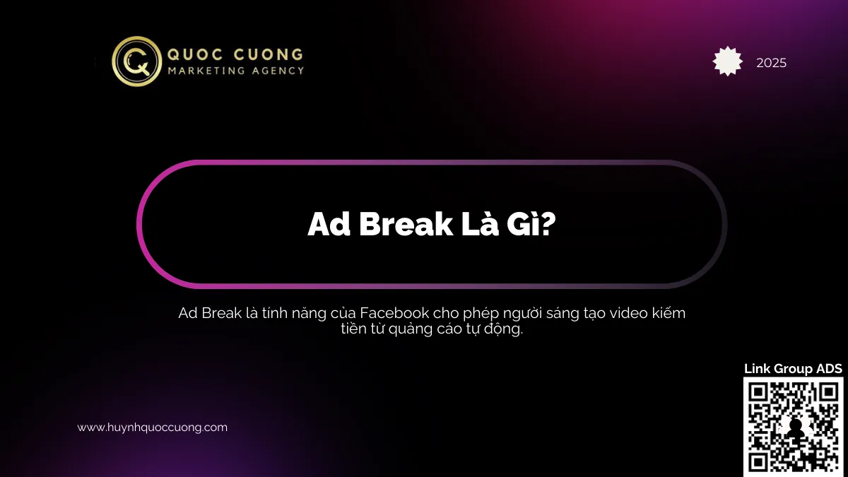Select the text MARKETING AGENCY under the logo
pyautogui.click(x=235, y=71)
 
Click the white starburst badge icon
pyautogui.click(x=728, y=61)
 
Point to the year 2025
pyautogui.click(x=771, y=63)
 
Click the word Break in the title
pyautogui.click(x=404, y=224)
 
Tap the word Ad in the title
pyautogui.click(x=329, y=224)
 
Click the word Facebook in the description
pyautogui.click(x=391, y=313)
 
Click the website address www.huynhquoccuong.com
pyautogui.click(x=152, y=428)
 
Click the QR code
pyautogui.click(x=793, y=426)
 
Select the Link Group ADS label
pyautogui.click(x=793, y=369)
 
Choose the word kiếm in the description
pyautogui.click(x=667, y=313)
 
